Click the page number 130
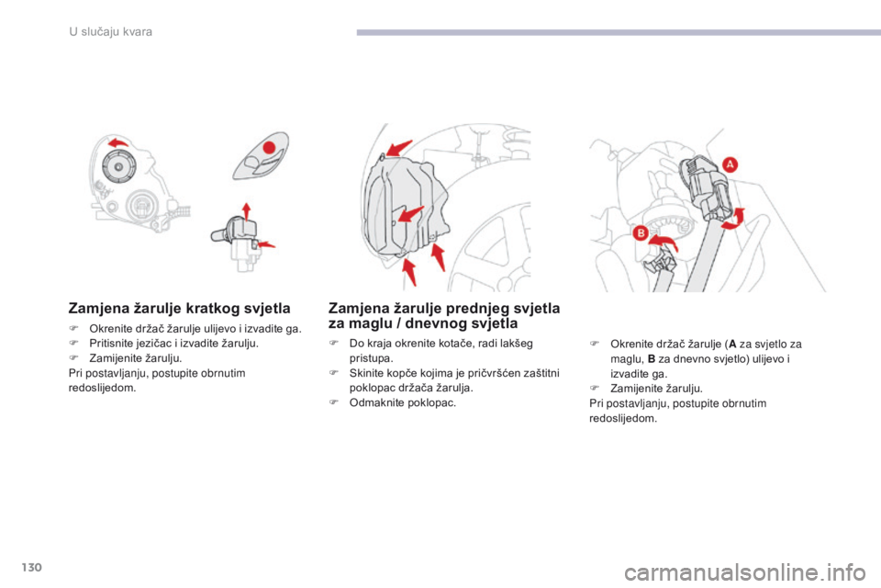[x=31, y=567]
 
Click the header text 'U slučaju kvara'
[x=111, y=31]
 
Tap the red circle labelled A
[x=730, y=164]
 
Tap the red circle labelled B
[x=640, y=233]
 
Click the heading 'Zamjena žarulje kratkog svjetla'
[x=179, y=309]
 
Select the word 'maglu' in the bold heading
[x=370, y=323]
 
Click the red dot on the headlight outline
[x=270, y=147]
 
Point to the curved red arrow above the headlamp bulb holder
[x=118, y=142]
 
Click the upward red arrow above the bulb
[x=246, y=211]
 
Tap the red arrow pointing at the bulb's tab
[x=265, y=244]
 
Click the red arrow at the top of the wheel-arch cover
[x=399, y=147]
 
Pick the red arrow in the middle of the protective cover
[x=411, y=214]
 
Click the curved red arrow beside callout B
[x=663, y=243]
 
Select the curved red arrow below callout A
[x=733, y=220]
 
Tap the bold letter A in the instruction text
[x=732, y=345]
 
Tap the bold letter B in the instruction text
[x=652, y=359]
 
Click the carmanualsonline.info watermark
[x=744, y=573]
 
